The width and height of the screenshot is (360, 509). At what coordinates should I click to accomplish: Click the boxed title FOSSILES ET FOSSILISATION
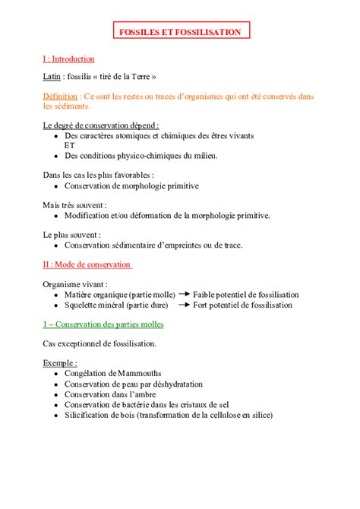point(179,32)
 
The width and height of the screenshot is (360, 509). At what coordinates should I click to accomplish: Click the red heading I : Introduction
point(68,58)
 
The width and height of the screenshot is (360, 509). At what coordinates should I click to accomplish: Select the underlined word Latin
point(53,77)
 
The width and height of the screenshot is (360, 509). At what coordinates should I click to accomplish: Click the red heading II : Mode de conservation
point(87,264)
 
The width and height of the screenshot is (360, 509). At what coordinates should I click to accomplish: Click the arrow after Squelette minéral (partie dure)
point(184,305)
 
